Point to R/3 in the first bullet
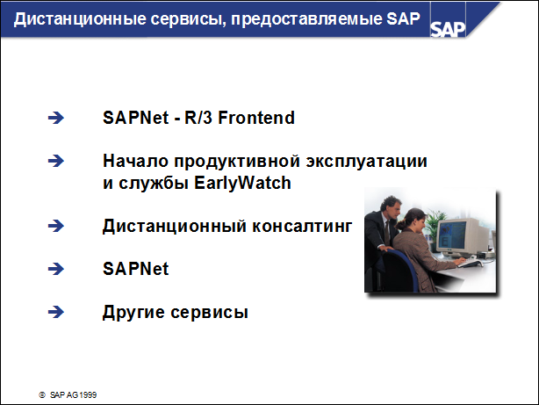tap(199, 117)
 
